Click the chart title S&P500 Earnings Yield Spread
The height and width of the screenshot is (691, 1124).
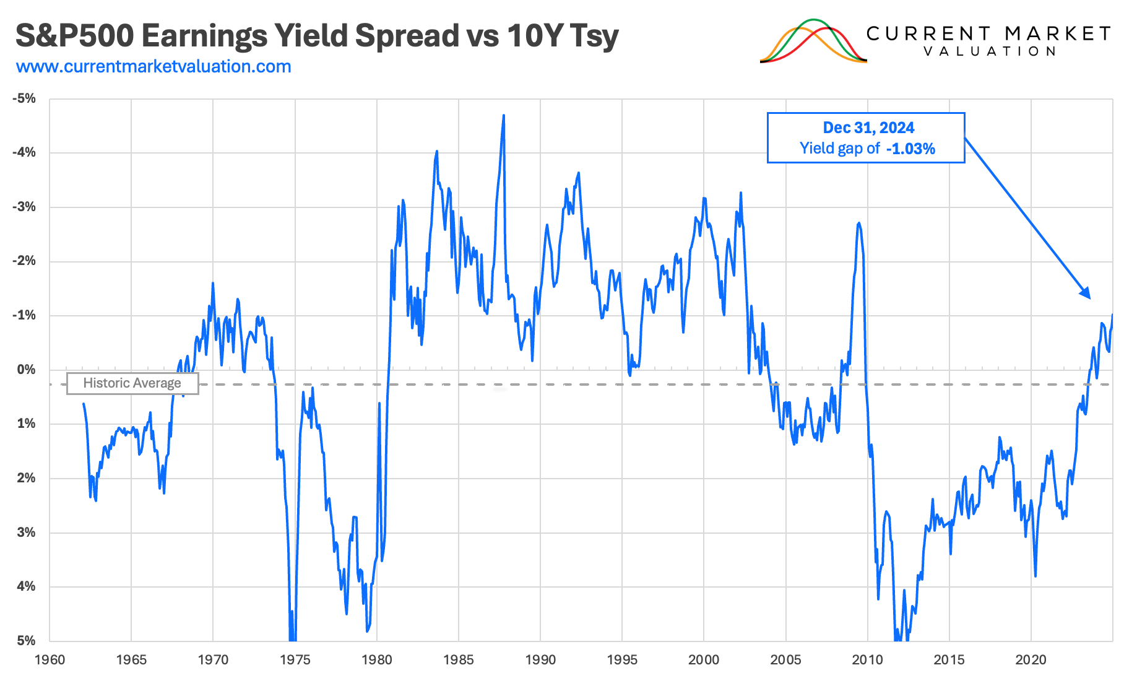(x=316, y=36)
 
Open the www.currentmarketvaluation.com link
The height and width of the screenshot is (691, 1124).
(x=153, y=66)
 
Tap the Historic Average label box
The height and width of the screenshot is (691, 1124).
(x=132, y=383)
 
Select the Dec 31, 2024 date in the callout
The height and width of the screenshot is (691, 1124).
(x=868, y=128)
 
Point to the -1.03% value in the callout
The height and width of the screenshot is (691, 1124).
(x=910, y=149)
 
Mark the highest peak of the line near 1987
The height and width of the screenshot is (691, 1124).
(x=504, y=116)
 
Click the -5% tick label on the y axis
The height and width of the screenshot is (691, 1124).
(x=24, y=98)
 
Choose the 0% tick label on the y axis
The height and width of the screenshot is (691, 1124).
(x=26, y=370)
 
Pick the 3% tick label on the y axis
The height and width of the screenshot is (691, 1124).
(x=26, y=532)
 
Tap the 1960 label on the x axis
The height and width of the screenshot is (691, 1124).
(x=50, y=660)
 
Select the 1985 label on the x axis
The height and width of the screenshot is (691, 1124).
(x=459, y=660)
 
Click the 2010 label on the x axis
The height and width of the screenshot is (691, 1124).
(x=867, y=660)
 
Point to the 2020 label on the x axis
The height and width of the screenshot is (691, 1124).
(x=1031, y=660)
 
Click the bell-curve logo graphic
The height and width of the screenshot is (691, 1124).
(x=813, y=41)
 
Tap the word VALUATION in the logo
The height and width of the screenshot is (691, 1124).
(x=990, y=51)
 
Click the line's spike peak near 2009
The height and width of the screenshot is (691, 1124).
(x=858, y=223)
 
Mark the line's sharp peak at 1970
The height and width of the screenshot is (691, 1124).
(x=213, y=284)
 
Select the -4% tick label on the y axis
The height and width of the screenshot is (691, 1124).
(x=24, y=152)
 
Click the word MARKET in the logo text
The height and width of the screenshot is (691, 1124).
(x=1058, y=33)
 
